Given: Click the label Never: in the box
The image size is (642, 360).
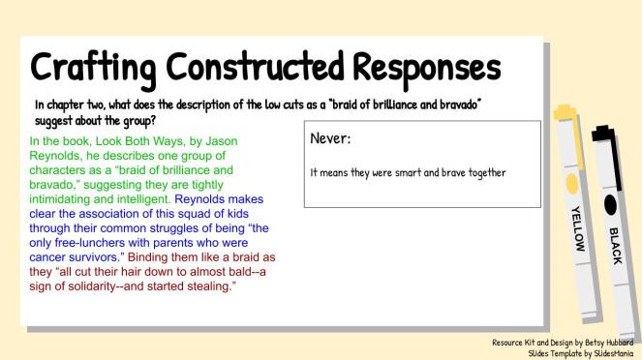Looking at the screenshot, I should [330, 139].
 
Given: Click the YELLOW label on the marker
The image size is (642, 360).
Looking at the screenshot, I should [577, 227].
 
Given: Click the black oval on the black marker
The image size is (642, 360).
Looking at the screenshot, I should [610, 202].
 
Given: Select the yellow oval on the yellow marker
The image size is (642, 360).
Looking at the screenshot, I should [571, 183].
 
